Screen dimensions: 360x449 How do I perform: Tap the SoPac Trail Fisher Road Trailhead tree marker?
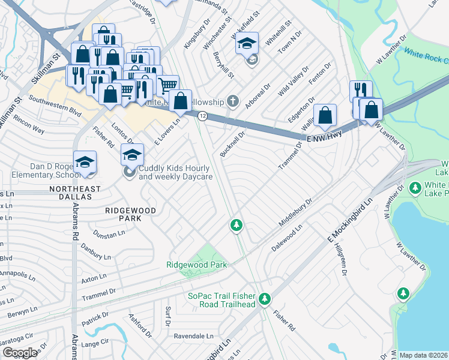pyautogui.click(x=265, y=299)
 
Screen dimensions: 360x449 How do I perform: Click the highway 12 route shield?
pyautogui.click(x=203, y=116)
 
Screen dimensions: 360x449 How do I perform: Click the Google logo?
pyautogui.click(x=20, y=353)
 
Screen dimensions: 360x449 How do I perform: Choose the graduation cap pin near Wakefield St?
pyautogui.click(x=247, y=44)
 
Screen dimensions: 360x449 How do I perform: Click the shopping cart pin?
pyautogui.click(x=168, y=86)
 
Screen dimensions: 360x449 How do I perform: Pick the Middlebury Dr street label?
pyautogui.click(x=296, y=213)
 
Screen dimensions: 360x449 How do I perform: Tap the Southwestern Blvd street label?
pyautogui.click(x=55, y=105)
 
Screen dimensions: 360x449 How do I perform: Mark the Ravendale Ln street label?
pyautogui.click(x=190, y=337)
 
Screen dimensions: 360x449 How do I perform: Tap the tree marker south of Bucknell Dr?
pyautogui.click(x=237, y=226)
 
